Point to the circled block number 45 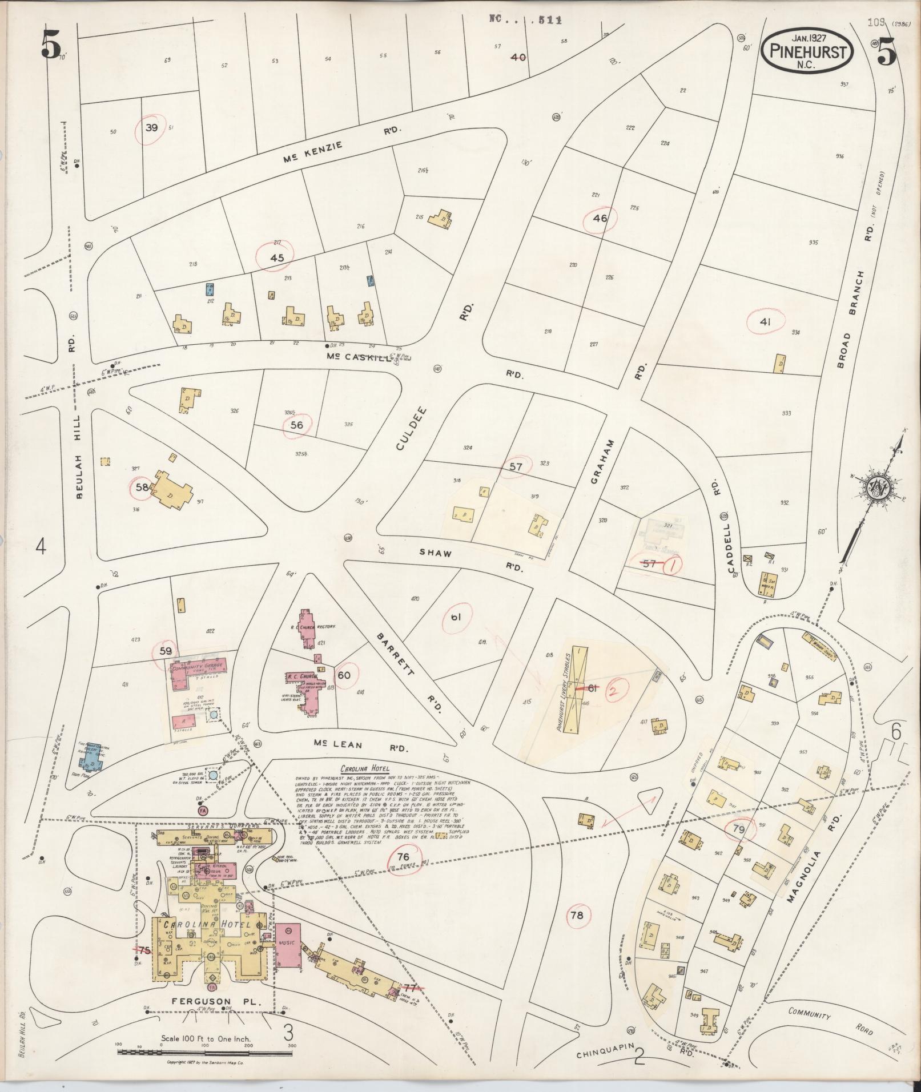(x=277, y=257)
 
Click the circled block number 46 (x=600, y=217)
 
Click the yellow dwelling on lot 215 (x=441, y=220)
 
